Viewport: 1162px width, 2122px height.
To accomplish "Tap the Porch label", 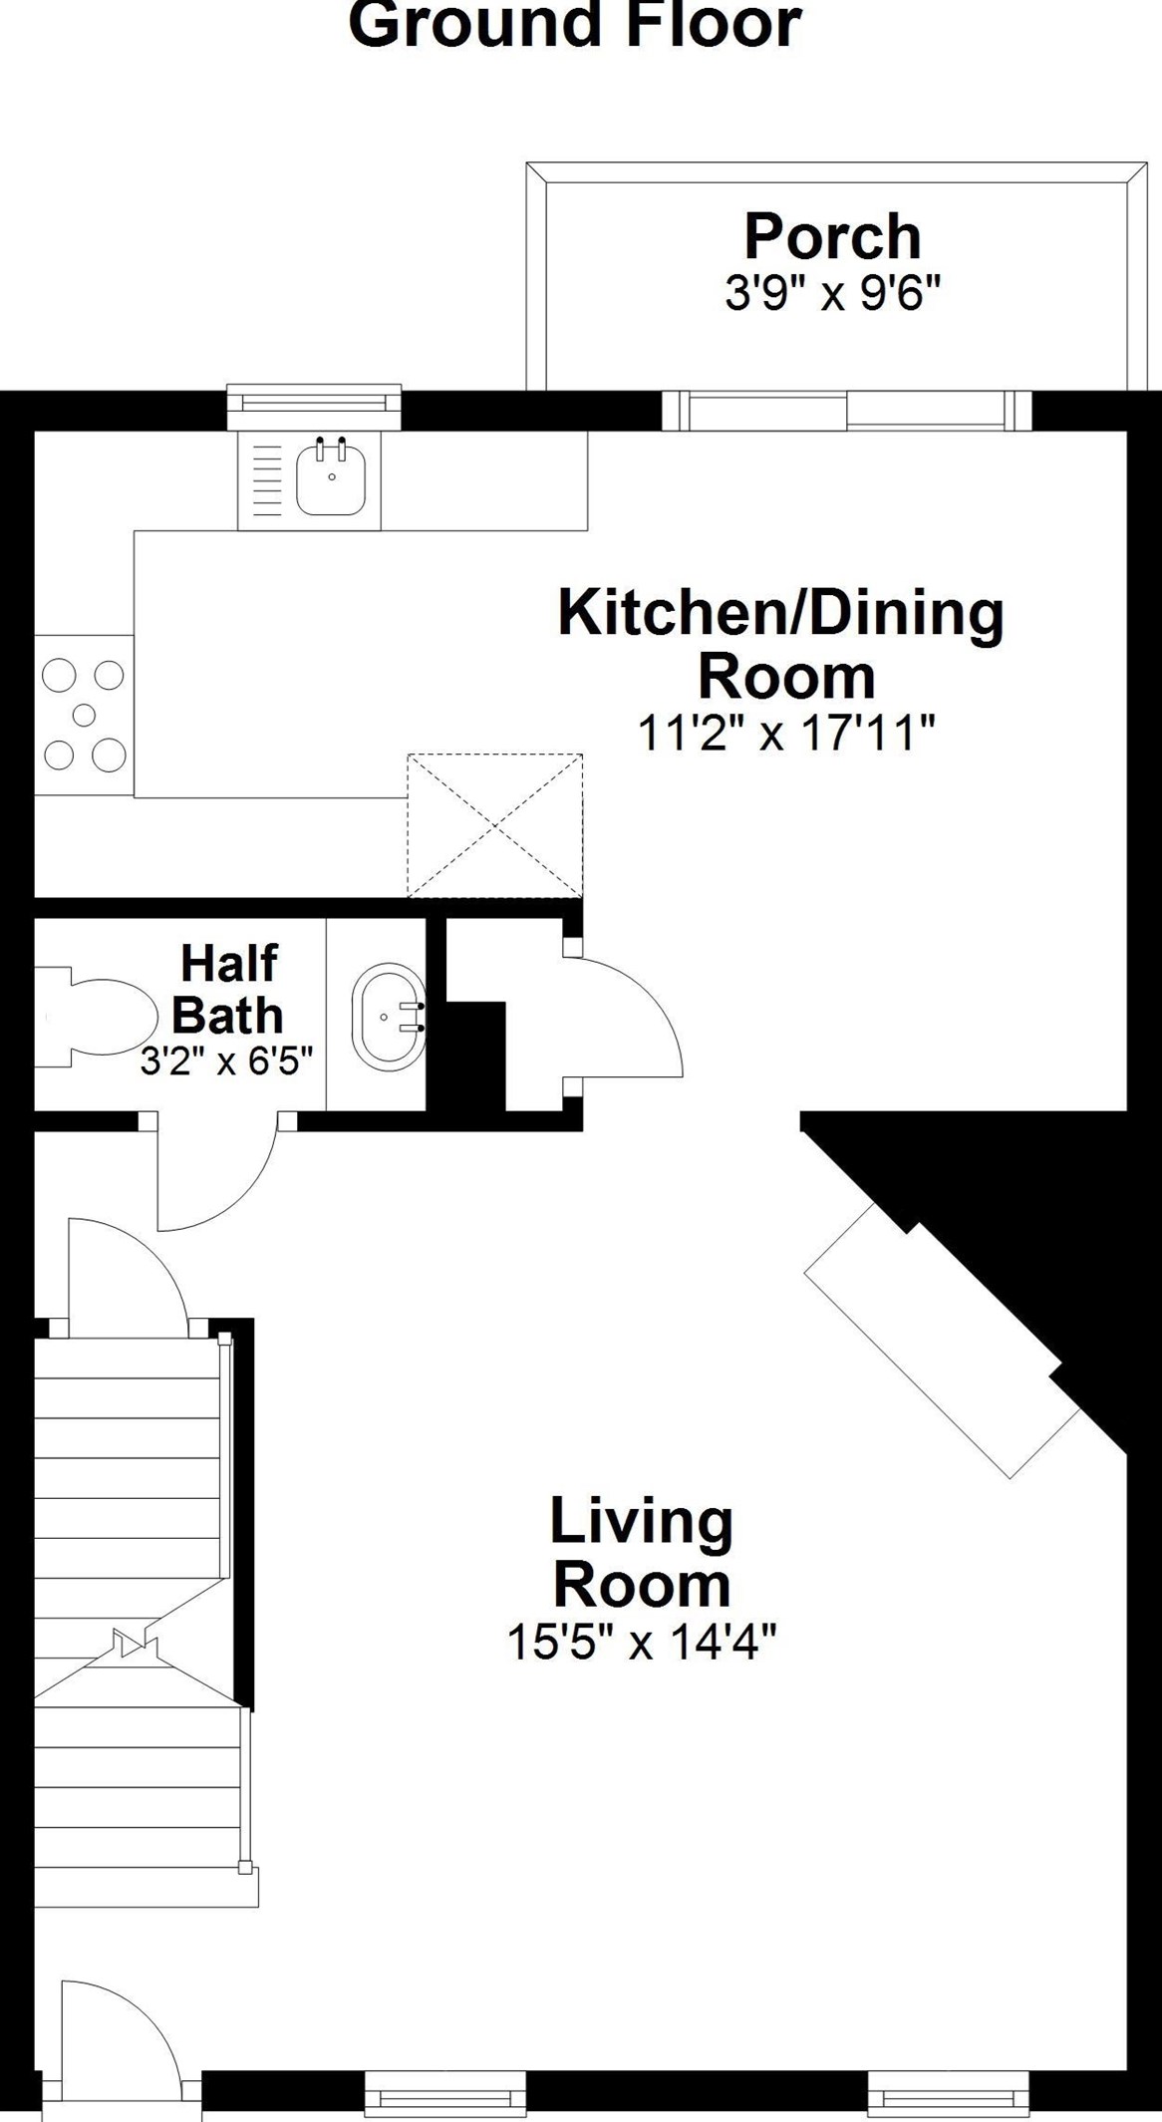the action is tap(833, 236).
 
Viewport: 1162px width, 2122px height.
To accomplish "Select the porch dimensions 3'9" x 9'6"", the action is tap(833, 294).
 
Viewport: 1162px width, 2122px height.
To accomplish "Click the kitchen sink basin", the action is tap(331, 478).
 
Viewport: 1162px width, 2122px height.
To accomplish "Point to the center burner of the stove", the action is tap(84, 715).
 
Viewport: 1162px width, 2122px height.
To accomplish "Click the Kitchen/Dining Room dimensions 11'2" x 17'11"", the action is tap(786, 736).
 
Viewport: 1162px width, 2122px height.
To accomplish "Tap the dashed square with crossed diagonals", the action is tap(495, 825).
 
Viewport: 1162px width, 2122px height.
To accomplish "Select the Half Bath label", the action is tap(228, 989).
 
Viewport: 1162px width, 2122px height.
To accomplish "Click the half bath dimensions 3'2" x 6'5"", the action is tap(227, 1061).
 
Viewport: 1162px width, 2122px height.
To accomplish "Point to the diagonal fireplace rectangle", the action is tap(943, 1340).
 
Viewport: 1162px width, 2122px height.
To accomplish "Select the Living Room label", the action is tap(642, 1553).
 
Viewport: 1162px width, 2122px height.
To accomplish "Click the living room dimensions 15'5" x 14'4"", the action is tap(642, 1642).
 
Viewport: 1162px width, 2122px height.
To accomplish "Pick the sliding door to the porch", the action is tap(846, 410).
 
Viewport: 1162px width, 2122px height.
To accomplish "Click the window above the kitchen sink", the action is tap(314, 407).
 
